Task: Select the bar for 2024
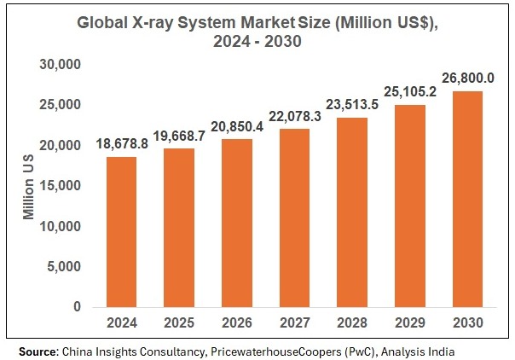[x=122, y=231]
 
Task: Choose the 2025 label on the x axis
[x=180, y=324]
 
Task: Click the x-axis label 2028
[x=353, y=324]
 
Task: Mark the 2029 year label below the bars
[x=411, y=324]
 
